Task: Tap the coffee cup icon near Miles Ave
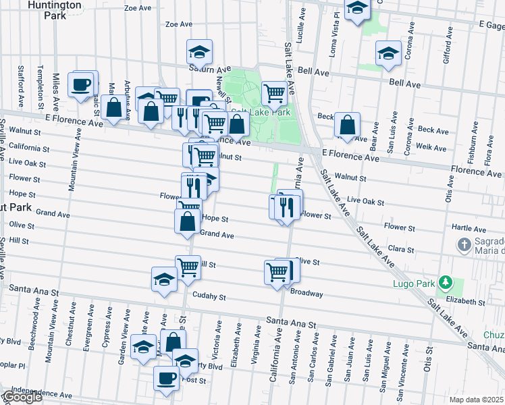(82, 84)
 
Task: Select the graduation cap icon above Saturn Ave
(199, 51)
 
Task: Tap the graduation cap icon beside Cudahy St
(164, 279)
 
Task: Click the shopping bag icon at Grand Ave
(187, 221)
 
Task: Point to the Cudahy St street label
(208, 296)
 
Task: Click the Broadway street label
(307, 294)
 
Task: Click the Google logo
(22, 397)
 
